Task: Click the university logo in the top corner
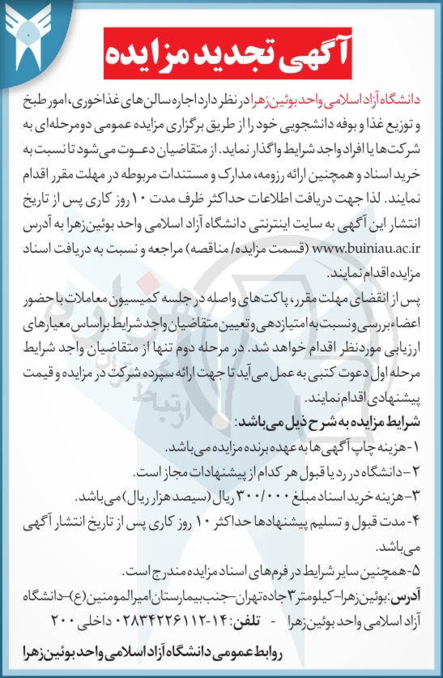click(30, 36)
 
